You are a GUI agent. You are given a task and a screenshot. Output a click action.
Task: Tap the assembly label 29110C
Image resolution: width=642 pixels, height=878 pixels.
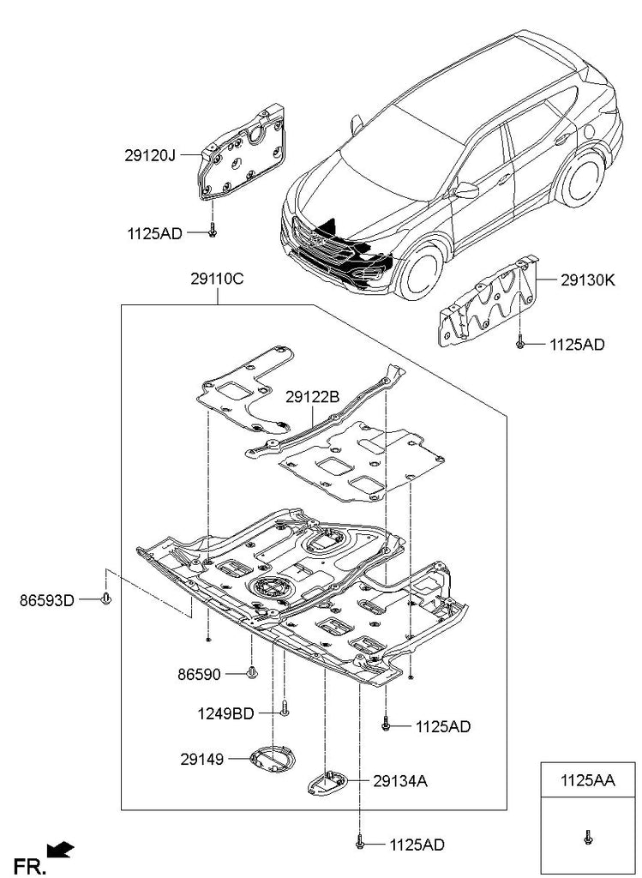pos(217,280)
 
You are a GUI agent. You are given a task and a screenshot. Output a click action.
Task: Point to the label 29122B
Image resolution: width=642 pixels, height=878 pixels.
pos(313,396)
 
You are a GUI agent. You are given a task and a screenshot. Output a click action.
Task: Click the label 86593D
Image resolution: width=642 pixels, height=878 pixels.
pos(46,601)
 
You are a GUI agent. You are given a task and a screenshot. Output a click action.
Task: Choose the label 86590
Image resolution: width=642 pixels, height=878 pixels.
pos(201,675)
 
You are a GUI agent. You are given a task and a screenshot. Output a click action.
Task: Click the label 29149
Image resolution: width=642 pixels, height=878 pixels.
pos(201,759)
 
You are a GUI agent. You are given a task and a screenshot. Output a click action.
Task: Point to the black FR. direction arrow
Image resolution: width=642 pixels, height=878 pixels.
pos(62,849)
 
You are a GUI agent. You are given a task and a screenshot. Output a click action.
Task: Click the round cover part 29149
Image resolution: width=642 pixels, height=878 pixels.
pos(270,758)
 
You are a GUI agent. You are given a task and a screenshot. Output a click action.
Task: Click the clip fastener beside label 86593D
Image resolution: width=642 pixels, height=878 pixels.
pos(105,599)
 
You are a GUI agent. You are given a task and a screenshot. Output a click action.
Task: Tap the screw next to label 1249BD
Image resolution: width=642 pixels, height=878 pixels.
pos(285,710)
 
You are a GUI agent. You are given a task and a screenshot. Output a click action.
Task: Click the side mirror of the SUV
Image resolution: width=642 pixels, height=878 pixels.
pos(467,189)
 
